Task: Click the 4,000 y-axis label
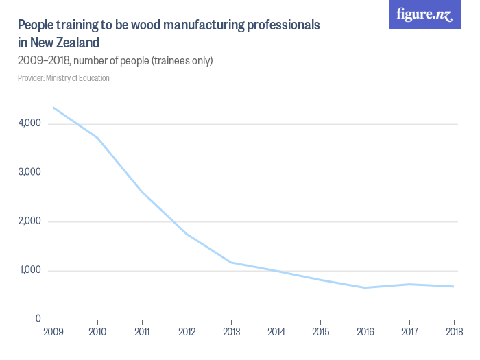coord(31,123)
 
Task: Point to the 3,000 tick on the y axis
coord(31,173)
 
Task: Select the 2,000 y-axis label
coord(31,221)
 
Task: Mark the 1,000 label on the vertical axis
coord(31,271)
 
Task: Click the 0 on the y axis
coord(38,320)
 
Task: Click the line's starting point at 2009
coord(53,108)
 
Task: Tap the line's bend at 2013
coord(231,263)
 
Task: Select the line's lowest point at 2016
coord(365,287)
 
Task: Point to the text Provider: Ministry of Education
coord(64,78)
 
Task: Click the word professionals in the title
coord(278,25)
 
